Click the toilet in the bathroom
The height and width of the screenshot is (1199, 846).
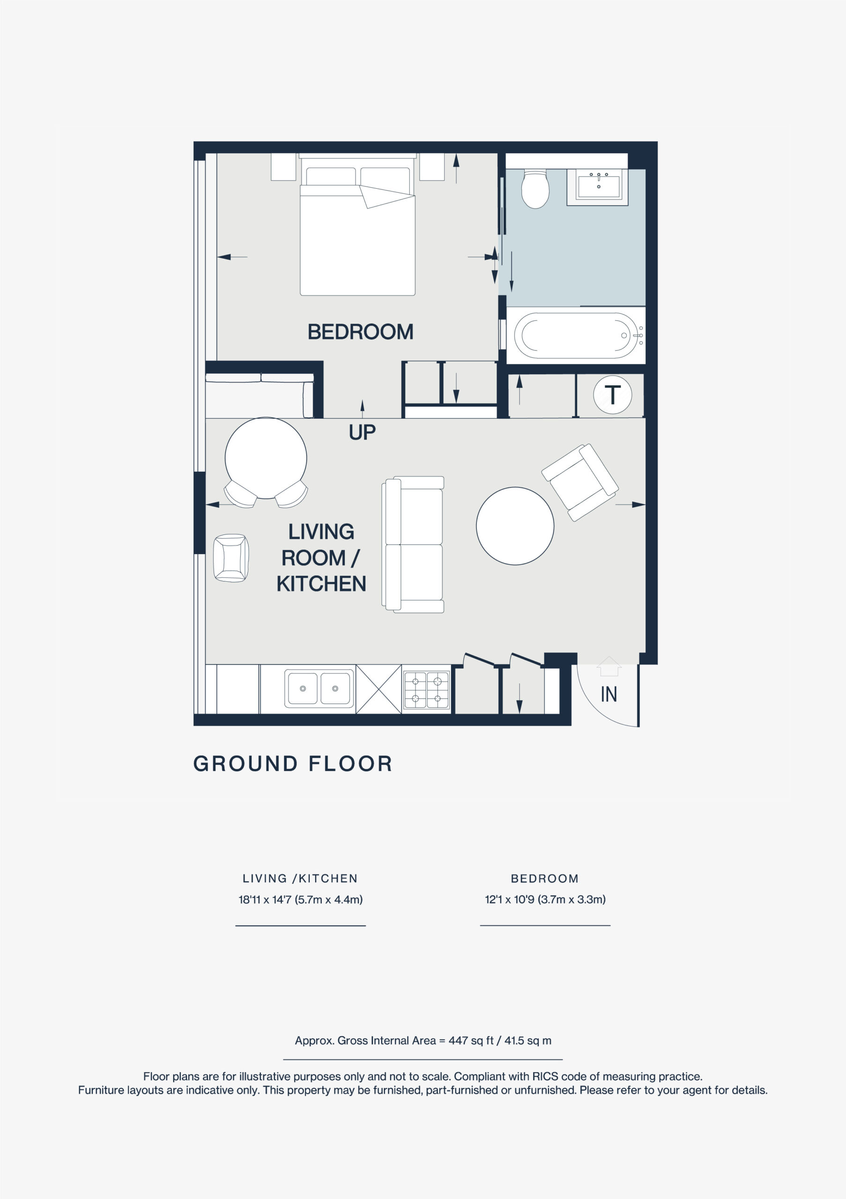535,189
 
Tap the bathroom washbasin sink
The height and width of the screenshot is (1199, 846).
599,186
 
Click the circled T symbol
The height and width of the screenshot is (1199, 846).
613,395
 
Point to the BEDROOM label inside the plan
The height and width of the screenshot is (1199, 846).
360,332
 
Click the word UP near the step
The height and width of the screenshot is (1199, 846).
362,432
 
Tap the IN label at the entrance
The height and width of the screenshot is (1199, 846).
609,695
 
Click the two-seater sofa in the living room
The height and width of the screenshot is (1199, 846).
414,544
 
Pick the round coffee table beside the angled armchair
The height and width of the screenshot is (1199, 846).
515,526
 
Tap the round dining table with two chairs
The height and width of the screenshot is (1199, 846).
266,458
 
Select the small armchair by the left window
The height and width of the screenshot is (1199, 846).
231,558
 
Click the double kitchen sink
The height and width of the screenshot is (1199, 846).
319,689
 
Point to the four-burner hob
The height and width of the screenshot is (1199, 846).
427,689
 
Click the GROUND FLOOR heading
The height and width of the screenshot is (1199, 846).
292,764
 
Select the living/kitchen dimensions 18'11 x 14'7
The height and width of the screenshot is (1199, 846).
300,899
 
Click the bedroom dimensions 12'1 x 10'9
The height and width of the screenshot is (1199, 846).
545,899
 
